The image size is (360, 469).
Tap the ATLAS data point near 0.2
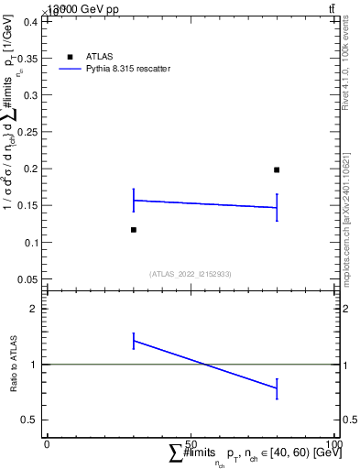point(277,169)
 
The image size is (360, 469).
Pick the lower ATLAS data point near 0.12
point(134,230)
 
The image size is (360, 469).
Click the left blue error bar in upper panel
point(134,200)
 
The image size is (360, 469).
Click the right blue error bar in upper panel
point(277,207)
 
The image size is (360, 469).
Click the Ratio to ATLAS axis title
point(14,365)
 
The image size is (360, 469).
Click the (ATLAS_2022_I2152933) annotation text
point(190,274)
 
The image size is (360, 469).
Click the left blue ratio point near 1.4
point(134,341)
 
